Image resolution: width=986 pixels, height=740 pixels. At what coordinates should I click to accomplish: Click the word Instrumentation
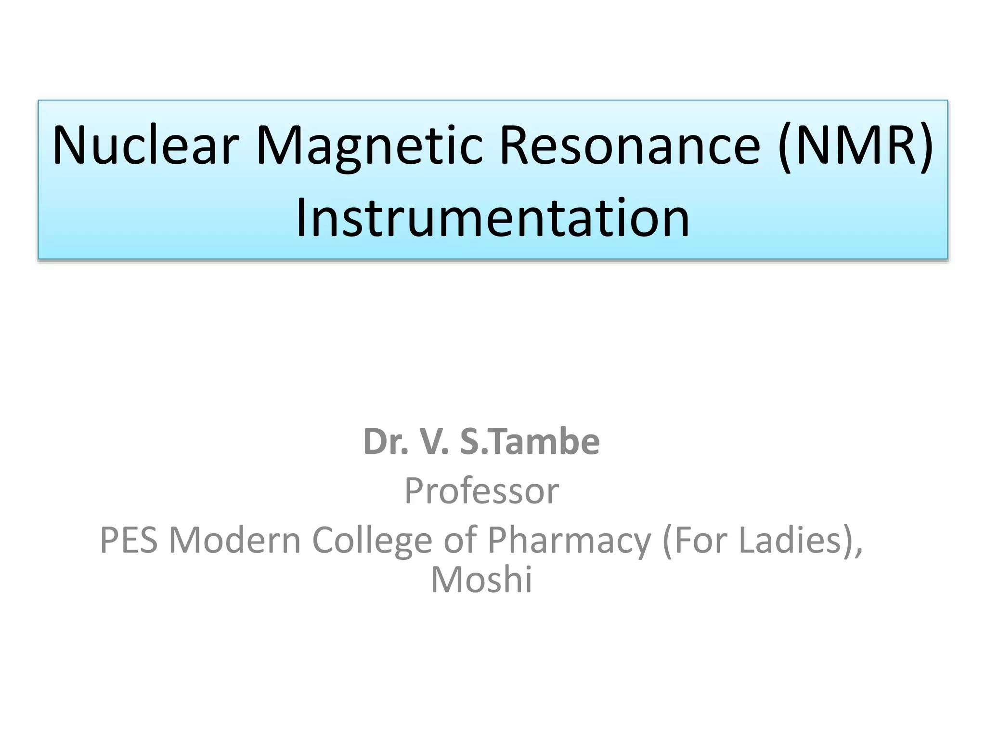pyautogui.click(x=493, y=218)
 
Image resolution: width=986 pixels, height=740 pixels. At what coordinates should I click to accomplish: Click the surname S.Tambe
pyautogui.click(x=530, y=442)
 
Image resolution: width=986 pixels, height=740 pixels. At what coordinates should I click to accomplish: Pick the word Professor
pyautogui.click(x=481, y=491)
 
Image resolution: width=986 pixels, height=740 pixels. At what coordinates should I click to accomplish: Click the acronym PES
pyautogui.click(x=129, y=540)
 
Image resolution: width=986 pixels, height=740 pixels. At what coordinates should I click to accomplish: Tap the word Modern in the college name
pyautogui.click(x=234, y=540)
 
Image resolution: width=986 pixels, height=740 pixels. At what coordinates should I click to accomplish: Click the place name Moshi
pyautogui.click(x=481, y=580)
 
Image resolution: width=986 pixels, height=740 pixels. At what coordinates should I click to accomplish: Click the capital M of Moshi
pyautogui.click(x=445, y=580)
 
